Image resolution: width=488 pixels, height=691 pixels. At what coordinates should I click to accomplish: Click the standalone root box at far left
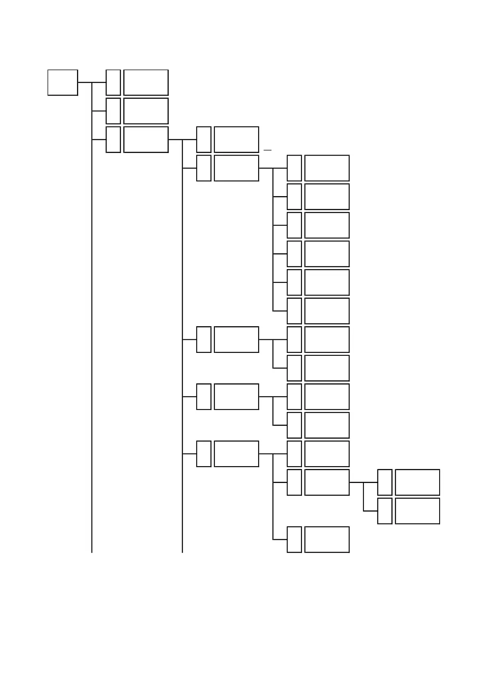point(63,82)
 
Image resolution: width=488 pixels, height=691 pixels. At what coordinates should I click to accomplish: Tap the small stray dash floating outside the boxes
point(268,151)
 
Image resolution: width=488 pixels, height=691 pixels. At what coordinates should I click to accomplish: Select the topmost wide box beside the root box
point(146,82)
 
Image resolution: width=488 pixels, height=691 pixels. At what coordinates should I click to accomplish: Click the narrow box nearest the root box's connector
point(113,82)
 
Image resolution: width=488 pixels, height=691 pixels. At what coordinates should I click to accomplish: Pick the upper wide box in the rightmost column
point(417,482)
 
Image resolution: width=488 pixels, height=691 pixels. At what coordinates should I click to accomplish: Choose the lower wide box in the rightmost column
point(417,511)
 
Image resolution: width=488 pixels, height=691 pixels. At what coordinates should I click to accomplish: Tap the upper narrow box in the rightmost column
point(385,482)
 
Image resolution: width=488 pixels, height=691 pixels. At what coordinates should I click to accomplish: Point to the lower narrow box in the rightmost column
point(385,511)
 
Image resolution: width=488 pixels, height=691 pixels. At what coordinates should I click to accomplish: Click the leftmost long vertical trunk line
point(92,328)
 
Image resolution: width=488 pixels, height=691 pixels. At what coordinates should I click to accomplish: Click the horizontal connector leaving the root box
point(84,82)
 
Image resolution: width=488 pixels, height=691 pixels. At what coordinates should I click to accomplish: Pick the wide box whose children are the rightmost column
point(327,482)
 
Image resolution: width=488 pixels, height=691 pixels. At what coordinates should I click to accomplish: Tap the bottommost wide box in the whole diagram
point(327,540)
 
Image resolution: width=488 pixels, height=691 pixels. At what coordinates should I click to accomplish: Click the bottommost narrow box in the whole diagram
point(294,540)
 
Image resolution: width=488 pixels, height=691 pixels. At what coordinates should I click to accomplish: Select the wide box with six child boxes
point(236,168)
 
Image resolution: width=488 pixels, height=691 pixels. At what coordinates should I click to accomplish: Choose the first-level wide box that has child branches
point(146,140)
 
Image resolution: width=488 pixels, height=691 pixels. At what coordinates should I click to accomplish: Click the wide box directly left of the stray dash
point(236,140)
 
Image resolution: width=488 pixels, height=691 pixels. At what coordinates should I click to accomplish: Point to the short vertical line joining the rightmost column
point(363,497)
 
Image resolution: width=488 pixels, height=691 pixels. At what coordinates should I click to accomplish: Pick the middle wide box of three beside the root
point(146,111)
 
